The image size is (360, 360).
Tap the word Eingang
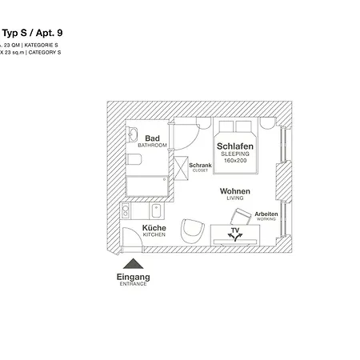[x=134, y=278]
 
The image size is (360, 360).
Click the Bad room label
[x=152, y=138]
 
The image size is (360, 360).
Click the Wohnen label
[x=236, y=191]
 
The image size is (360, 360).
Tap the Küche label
[x=154, y=228]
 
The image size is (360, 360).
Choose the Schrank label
[x=200, y=165]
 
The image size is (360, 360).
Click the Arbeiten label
[x=266, y=214]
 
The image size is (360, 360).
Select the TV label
[x=234, y=230]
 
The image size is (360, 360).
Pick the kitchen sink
[x=157, y=212]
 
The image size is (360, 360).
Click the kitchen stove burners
[x=126, y=212]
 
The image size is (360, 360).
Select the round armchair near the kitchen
[x=193, y=231]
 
